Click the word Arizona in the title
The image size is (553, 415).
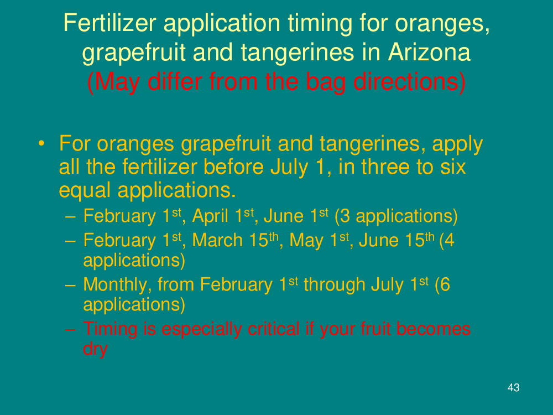[x=429, y=52]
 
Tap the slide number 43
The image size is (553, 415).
[x=514, y=387]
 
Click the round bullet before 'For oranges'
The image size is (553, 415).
[x=41, y=144]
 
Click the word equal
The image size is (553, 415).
[x=85, y=190]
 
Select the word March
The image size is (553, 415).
[x=217, y=240]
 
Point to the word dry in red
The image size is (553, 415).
[x=95, y=349]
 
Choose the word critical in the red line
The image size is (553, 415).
[x=274, y=329]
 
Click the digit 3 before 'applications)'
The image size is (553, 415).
[x=345, y=216]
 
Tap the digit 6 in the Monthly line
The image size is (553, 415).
[x=445, y=284]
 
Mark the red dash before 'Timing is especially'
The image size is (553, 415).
[x=71, y=329]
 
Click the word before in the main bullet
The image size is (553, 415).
[x=233, y=167]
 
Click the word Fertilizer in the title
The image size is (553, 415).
[x=109, y=23]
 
